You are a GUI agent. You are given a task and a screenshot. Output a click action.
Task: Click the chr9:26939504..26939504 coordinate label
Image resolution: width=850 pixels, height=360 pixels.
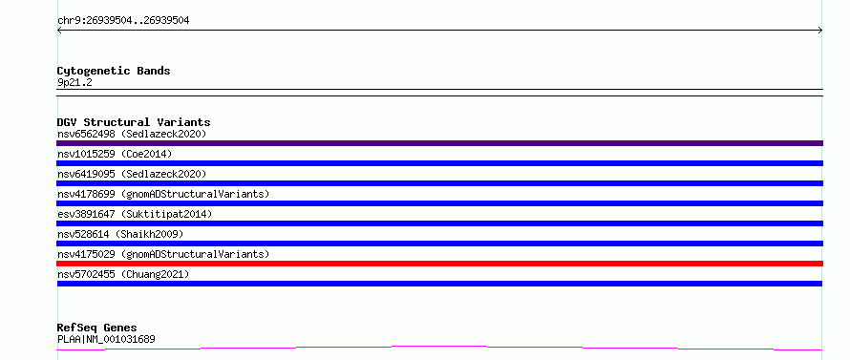123,21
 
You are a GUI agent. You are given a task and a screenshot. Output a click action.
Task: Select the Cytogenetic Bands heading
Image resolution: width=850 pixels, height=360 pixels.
114,71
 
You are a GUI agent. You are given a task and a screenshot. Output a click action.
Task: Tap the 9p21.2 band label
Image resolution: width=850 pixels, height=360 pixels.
74,82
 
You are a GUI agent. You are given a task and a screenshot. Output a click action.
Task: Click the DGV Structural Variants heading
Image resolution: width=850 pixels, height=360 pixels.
134,122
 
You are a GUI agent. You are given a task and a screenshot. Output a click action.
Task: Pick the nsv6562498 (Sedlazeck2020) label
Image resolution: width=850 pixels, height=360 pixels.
132,134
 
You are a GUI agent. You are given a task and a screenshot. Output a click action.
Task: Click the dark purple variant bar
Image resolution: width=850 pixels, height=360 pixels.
439,143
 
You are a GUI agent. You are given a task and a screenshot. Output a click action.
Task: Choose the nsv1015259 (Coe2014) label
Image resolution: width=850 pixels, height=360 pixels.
115,154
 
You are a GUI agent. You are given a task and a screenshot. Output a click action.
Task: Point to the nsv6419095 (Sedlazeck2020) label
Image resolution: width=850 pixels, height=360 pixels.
132,174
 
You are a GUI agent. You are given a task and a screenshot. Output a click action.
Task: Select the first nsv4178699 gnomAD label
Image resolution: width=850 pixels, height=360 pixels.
163,194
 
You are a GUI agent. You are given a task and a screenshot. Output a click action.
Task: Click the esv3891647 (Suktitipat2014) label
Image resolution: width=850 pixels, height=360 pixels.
135,214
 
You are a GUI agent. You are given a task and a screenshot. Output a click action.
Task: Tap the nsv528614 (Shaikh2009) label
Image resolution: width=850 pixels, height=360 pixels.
120,234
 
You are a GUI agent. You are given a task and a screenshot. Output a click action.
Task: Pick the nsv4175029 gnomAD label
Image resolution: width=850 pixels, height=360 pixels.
163,254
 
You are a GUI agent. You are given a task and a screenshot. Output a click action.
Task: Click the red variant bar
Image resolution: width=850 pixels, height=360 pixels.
439,264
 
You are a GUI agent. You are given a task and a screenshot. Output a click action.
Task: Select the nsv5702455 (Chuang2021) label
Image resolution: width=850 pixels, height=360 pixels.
123,274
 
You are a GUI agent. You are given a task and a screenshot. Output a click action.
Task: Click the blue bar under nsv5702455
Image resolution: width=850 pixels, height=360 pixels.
439,284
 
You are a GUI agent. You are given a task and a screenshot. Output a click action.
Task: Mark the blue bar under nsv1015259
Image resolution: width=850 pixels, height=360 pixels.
439,163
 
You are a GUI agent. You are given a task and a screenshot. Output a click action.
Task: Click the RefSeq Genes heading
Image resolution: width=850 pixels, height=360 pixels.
96,328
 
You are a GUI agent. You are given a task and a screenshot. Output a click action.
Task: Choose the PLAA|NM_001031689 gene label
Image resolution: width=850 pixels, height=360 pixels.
106,339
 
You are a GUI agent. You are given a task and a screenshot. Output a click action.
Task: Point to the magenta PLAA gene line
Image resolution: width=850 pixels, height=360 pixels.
439,347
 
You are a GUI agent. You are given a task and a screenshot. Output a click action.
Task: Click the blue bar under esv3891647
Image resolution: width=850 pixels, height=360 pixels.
439,223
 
